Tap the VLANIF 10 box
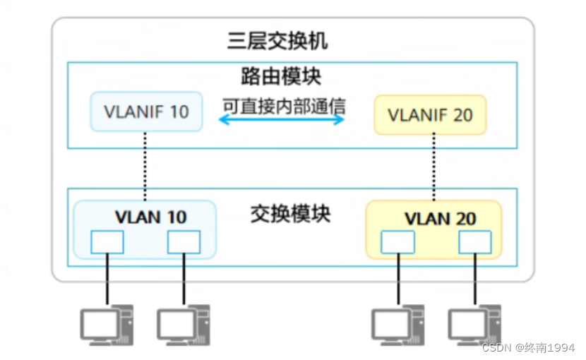146,112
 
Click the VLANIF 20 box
430,114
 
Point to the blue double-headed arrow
281,119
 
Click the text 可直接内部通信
284,106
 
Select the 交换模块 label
290,214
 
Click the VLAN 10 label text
151,217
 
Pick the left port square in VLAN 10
107,242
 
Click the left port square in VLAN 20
397,242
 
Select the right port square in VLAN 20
474,242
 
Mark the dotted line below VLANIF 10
145,166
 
